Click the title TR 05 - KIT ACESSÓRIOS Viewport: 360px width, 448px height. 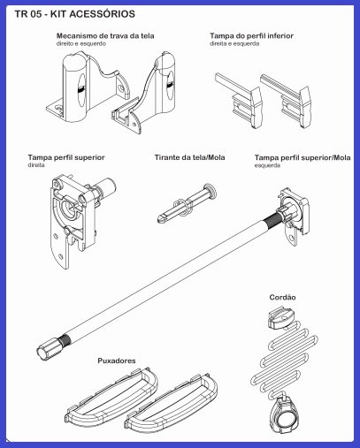click(75, 14)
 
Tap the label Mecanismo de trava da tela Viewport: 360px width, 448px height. click(105, 36)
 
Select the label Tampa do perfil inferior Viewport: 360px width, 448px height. click(251, 36)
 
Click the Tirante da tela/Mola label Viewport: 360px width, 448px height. click(189, 157)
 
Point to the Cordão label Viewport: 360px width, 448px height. click(282, 297)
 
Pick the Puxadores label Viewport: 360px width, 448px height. click(117, 361)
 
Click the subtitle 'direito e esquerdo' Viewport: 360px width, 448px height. click(80, 43)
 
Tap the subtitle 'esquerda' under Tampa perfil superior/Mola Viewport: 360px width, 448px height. click(267, 165)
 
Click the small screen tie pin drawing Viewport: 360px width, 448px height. click(187, 204)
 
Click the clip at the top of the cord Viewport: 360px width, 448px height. click(281, 317)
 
